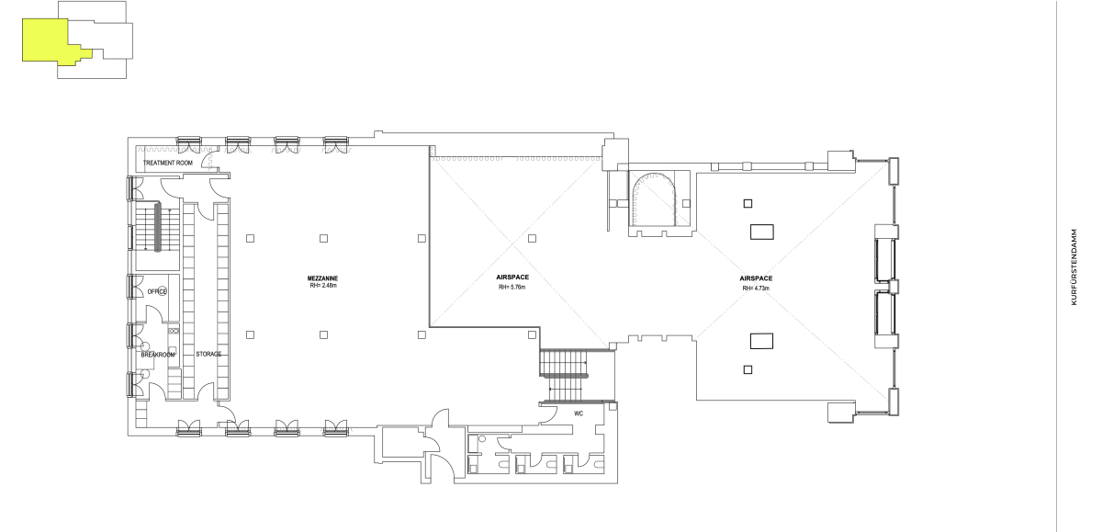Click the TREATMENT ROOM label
click(168, 163)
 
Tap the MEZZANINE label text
click(322, 278)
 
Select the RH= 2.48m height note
click(323, 286)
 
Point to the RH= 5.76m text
click(512, 288)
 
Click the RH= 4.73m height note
click(756, 289)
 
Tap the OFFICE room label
click(157, 292)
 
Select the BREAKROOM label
click(158, 355)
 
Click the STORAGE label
click(208, 355)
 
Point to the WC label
click(579, 413)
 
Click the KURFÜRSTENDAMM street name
click(1074, 266)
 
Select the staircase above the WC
click(565, 376)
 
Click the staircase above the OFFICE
click(157, 226)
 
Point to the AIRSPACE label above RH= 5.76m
click(512, 277)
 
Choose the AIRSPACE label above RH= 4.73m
click(756, 278)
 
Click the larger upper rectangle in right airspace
click(761, 232)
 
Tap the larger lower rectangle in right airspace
click(761, 341)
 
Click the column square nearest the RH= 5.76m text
click(532, 238)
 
